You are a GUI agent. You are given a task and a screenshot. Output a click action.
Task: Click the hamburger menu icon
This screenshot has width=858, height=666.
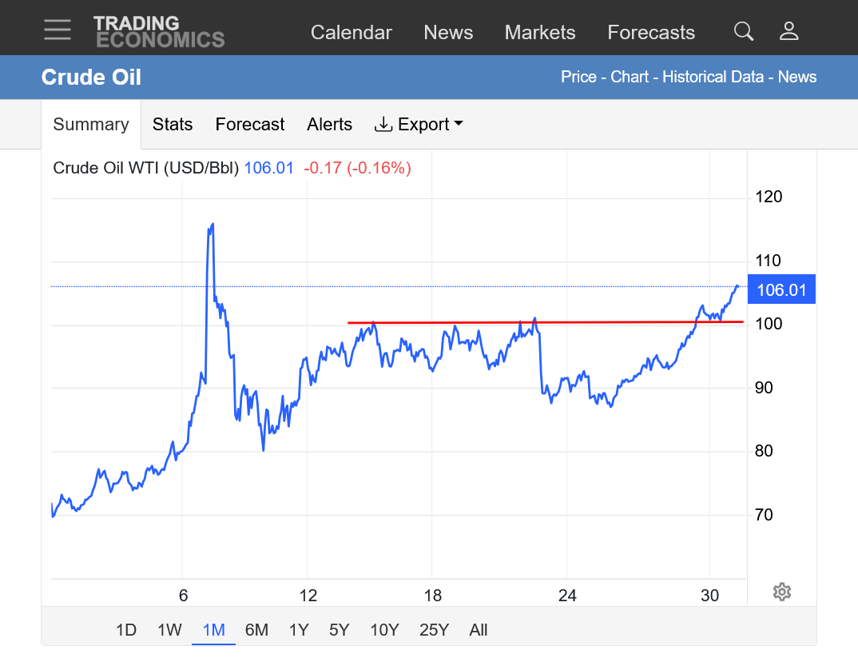(58, 30)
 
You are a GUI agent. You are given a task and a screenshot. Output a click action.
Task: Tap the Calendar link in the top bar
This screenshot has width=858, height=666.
(351, 33)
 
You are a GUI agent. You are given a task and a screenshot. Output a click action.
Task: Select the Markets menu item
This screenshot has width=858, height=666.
(539, 33)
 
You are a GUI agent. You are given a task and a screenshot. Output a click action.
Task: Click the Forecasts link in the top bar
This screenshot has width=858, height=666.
(650, 33)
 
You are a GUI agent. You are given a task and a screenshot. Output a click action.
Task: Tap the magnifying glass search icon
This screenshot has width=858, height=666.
(743, 31)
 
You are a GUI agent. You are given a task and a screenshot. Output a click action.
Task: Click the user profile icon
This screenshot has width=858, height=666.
(788, 31)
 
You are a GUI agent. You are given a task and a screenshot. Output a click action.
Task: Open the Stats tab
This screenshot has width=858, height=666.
(173, 125)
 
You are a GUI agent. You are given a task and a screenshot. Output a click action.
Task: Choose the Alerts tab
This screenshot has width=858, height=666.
(329, 125)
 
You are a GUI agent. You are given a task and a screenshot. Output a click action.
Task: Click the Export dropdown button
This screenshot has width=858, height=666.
(419, 125)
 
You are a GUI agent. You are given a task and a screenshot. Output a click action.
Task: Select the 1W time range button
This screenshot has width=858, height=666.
(169, 630)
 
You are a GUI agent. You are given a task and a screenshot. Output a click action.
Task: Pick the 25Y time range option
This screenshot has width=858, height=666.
(434, 630)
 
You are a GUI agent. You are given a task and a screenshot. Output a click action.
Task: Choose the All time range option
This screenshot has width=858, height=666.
(479, 630)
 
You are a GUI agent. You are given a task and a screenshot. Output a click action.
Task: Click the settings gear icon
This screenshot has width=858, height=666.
(782, 592)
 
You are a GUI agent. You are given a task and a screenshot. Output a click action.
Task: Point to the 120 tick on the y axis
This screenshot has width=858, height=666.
(769, 197)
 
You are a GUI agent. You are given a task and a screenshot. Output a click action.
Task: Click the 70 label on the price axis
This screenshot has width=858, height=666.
(765, 514)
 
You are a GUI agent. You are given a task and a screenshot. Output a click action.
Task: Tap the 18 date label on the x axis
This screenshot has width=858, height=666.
(432, 596)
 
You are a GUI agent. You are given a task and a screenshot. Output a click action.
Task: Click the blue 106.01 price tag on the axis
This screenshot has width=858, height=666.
(781, 290)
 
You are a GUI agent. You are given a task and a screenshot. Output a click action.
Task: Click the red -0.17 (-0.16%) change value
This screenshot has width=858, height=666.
(357, 169)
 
